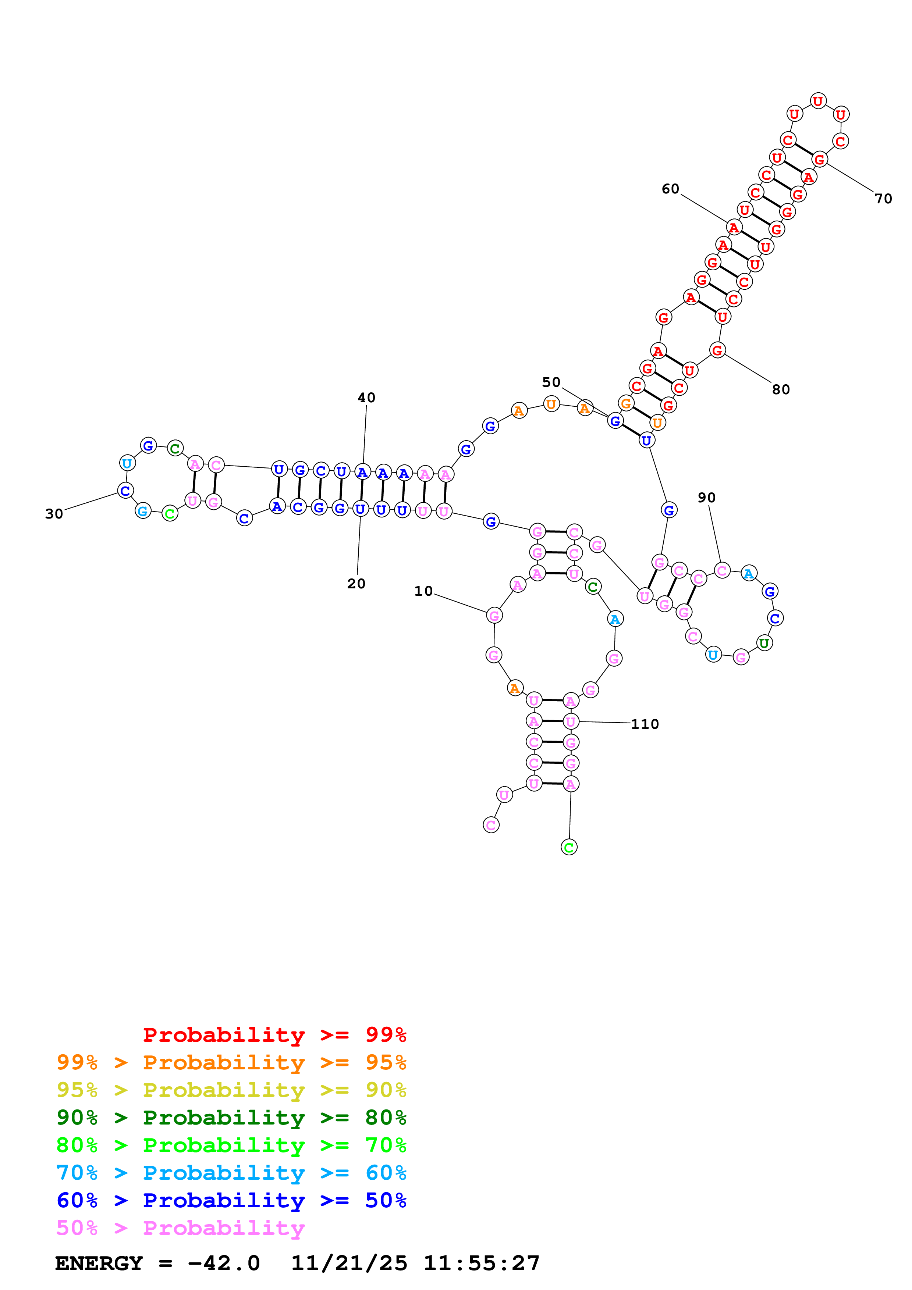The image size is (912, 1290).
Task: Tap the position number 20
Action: coord(356,584)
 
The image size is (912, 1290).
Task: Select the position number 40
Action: coord(366,398)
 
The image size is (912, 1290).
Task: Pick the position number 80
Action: coord(781,389)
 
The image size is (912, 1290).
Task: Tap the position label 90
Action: coord(706,498)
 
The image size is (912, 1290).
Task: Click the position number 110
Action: coord(645,724)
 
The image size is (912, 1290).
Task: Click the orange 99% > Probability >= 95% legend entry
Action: coord(231,1062)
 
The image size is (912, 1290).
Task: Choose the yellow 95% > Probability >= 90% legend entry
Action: coord(231,1090)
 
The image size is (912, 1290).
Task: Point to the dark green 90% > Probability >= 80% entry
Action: coord(231,1118)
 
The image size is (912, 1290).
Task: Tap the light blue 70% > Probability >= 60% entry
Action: coord(231,1173)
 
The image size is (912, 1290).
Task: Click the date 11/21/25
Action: coord(349,1264)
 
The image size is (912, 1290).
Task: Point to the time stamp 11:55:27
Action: coord(482,1264)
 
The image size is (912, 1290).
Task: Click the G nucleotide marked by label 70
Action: coord(819,160)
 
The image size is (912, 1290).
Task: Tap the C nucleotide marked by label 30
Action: coord(126,491)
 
